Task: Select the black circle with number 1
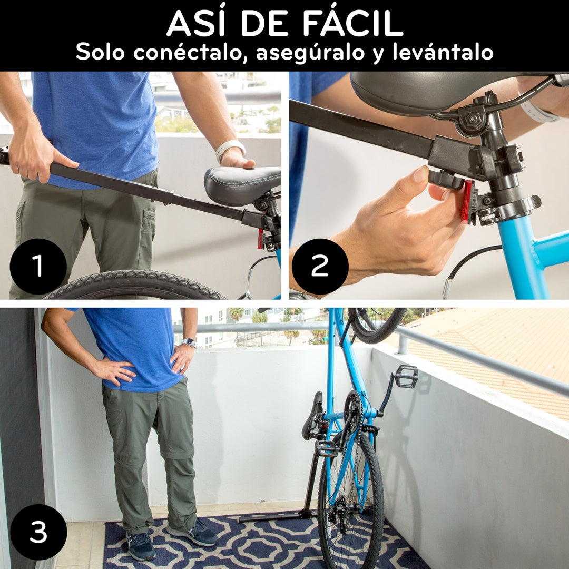pyautogui.click(x=38, y=266)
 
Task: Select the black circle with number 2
pyautogui.click(x=320, y=266)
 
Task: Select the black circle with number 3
pyautogui.click(x=38, y=532)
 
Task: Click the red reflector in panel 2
pyautogui.click(x=466, y=201)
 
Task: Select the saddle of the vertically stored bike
pyautogui.click(x=313, y=416)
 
